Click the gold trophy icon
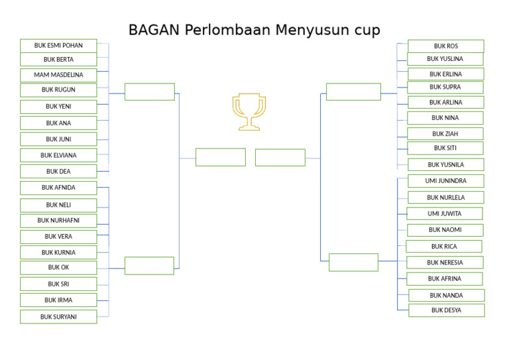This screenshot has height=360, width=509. [249, 111]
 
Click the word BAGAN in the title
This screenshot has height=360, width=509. [153, 30]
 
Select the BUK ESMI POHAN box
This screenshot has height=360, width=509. [58, 46]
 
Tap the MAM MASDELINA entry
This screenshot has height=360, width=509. [58, 75]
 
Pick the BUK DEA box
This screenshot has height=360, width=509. [58, 171]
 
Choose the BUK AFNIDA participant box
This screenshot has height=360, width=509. [58, 188]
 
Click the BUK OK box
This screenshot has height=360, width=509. [58, 268]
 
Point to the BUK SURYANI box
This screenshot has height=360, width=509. [58, 317]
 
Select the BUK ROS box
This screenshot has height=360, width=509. [445, 46]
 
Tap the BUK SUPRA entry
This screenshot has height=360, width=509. [445, 88]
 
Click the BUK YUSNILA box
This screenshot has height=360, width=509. [445, 165]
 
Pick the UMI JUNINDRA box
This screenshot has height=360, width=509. [445, 181]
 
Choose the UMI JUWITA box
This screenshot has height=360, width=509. [444, 213]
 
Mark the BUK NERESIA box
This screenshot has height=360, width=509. [445, 263]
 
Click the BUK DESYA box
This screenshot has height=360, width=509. [446, 310]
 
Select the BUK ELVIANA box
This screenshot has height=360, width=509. [58, 155]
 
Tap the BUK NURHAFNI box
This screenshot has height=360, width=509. [58, 221]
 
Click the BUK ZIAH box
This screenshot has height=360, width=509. [445, 134]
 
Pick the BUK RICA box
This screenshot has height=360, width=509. [443, 247]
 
